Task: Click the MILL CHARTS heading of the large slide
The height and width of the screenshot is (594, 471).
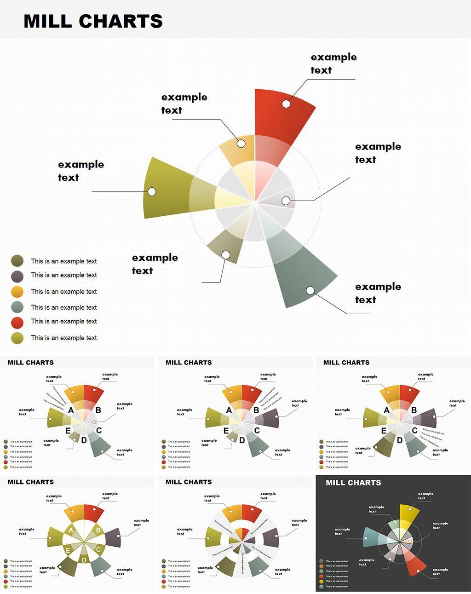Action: point(93,21)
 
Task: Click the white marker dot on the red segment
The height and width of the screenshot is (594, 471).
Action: point(286,104)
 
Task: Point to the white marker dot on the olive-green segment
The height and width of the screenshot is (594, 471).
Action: point(152,191)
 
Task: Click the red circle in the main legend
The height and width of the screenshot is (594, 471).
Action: point(17,322)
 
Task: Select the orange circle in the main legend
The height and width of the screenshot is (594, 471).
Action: point(17,291)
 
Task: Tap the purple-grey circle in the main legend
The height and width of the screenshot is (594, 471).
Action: point(17,276)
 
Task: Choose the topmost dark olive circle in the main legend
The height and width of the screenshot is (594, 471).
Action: point(17,261)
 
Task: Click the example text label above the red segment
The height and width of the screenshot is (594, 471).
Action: point(333,63)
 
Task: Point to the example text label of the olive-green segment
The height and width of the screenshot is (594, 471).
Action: point(81,171)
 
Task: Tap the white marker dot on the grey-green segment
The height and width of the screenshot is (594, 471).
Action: point(310,290)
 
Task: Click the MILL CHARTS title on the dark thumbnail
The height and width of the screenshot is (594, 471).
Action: point(353,483)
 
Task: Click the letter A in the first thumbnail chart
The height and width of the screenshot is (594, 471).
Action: point(71,410)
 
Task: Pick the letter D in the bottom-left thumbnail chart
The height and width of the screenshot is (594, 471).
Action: point(84,560)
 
